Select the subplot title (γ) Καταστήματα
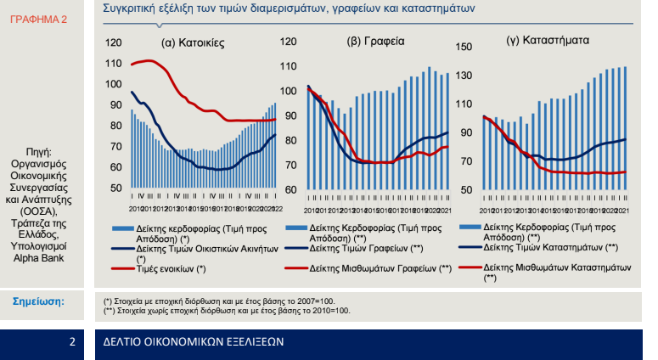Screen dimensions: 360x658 point(548,40)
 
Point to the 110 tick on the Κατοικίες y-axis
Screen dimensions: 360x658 point(113,63)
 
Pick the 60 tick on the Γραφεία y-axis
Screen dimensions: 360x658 point(289,188)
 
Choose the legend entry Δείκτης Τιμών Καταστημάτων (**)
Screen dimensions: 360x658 point(548,247)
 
